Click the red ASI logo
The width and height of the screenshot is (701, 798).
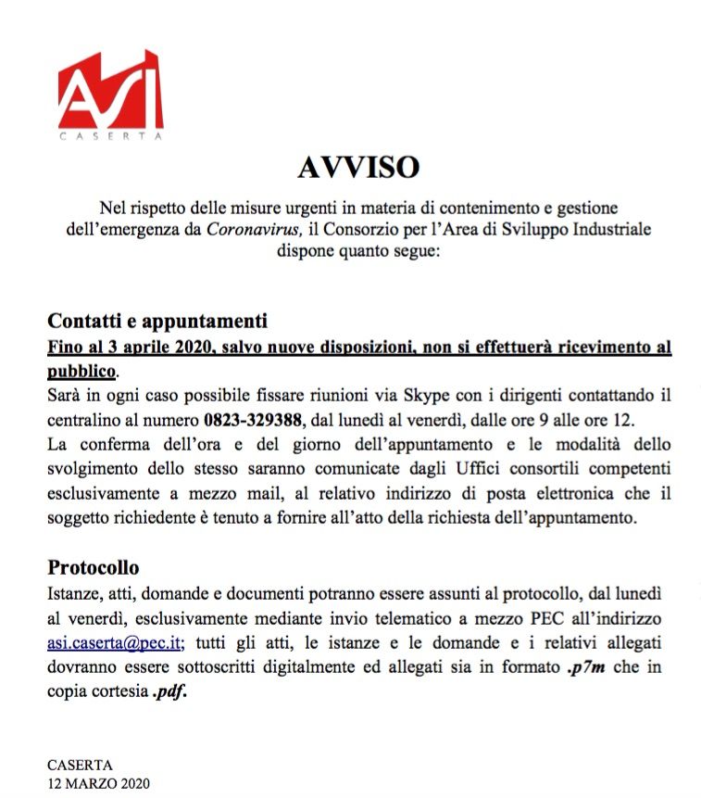[110, 90]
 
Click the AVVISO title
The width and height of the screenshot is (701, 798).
[358, 167]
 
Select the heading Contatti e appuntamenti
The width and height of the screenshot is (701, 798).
[157, 323]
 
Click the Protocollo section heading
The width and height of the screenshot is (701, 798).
[93, 567]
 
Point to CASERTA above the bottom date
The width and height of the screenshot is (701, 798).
[80, 766]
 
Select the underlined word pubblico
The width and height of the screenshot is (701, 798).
[81, 371]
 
